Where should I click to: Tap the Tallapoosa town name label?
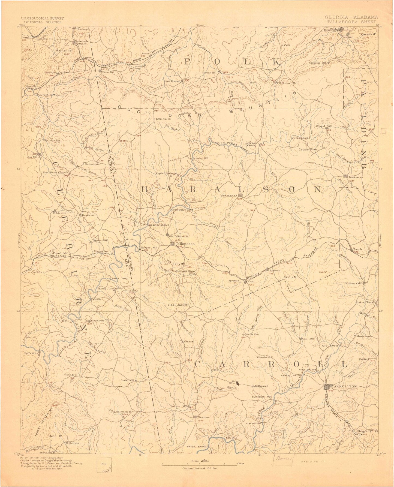coord(185,243)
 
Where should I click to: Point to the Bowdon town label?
coord(204,417)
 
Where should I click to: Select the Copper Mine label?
coord(308,149)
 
